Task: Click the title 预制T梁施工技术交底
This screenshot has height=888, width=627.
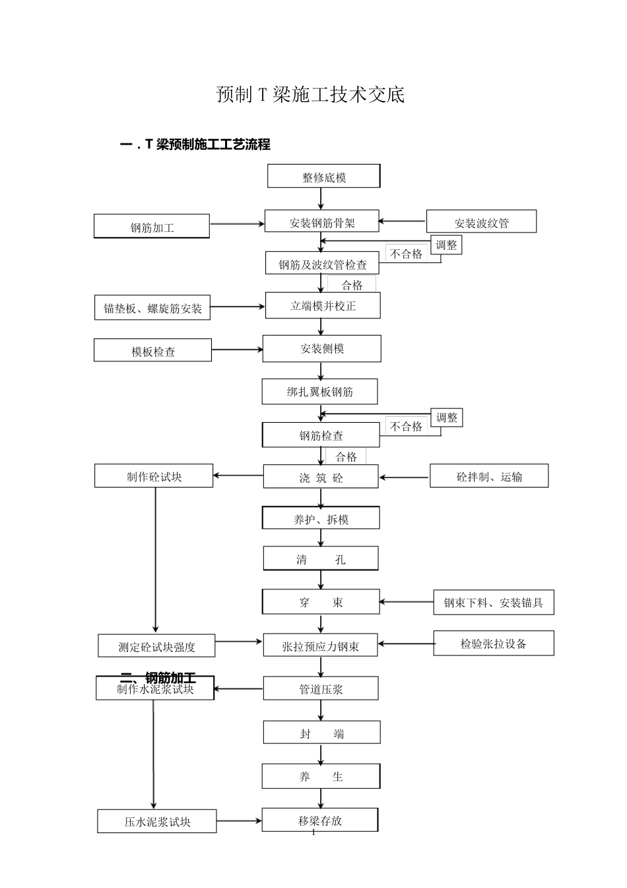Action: (x=310, y=94)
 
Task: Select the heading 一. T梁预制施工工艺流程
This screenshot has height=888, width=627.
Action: (x=195, y=144)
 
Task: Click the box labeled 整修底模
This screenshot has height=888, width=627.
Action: (x=323, y=177)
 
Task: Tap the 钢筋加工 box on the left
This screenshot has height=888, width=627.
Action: (x=152, y=227)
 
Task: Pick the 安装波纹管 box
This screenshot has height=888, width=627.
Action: (x=481, y=222)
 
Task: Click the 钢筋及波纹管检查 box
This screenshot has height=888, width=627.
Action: (x=322, y=264)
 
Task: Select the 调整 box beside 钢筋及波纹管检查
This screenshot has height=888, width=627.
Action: (x=446, y=245)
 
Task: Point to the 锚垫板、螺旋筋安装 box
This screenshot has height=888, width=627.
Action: (x=152, y=308)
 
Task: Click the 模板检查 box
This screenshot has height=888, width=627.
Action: (x=152, y=351)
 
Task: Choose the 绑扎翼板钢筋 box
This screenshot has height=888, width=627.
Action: (x=319, y=392)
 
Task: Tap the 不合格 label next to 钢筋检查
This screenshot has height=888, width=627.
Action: (x=406, y=426)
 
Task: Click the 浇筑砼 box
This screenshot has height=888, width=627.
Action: (x=321, y=477)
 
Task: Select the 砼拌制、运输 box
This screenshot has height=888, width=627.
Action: (x=488, y=476)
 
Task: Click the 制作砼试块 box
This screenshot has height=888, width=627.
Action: (x=154, y=476)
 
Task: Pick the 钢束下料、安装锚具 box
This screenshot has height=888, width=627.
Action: (x=493, y=603)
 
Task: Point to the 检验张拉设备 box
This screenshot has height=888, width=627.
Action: (x=493, y=644)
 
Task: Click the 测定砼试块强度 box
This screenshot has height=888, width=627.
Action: (x=156, y=646)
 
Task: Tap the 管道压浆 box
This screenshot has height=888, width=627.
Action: (x=321, y=688)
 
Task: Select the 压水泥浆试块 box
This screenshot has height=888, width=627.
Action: (x=157, y=821)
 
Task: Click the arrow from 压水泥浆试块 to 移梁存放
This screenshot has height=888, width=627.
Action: (x=239, y=821)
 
